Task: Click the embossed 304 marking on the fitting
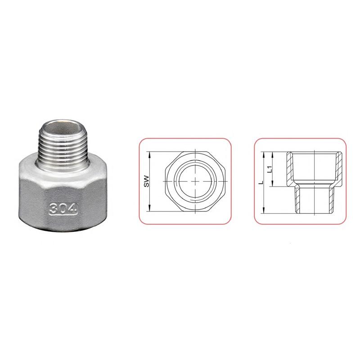click(63, 209)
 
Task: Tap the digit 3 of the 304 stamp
click(54, 209)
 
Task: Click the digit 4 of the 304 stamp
click(72, 209)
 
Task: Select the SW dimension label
click(147, 181)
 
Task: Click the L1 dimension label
click(270, 169)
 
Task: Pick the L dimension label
click(261, 183)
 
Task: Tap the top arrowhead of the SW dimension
click(149, 154)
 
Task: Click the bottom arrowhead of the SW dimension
click(149, 208)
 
